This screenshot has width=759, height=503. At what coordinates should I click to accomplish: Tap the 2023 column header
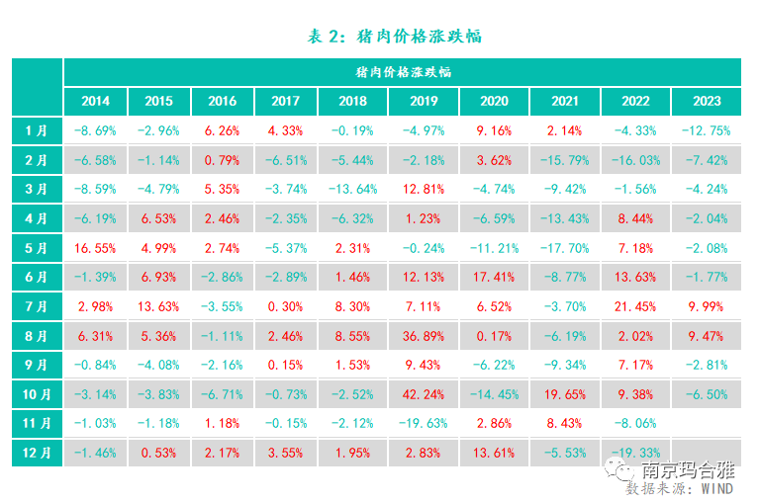pyautogui.click(x=706, y=101)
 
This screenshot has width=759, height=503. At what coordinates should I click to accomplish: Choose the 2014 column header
pyautogui.click(x=96, y=101)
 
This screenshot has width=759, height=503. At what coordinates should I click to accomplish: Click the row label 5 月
pyautogui.click(x=37, y=247)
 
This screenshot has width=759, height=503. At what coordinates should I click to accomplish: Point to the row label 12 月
pyautogui.click(x=37, y=452)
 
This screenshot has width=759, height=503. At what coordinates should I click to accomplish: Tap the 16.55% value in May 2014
pyautogui.click(x=96, y=247)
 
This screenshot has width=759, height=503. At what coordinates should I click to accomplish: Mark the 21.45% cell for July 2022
pyautogui.click(x=635, y=306)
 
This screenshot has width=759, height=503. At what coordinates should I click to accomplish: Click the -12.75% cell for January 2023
pyautogui.click(x=706, y=130)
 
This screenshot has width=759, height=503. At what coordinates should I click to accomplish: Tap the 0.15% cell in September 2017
pyautogui.click(x=285, y=365)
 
